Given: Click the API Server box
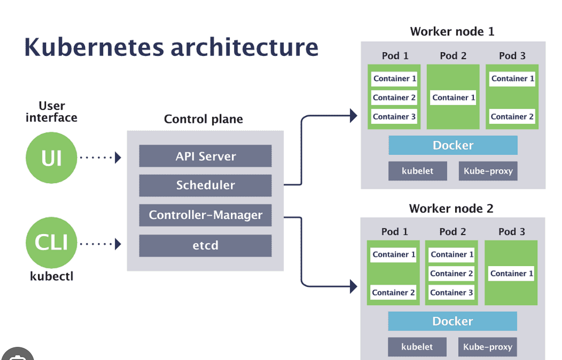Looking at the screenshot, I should (x=205, y=156).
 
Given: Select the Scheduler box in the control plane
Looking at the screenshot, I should (x=205, y=185).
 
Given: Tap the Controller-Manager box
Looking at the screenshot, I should (x=205, y=215).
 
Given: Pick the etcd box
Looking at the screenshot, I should (x=205, y=245).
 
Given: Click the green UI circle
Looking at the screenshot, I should (x=51, y=158).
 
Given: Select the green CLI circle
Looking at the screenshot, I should (x=51, y=243).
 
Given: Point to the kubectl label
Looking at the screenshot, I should (x=52, y=276).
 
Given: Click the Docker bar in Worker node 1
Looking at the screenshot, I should (x=453, y=145).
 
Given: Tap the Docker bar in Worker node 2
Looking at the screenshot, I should (x=452, y=321).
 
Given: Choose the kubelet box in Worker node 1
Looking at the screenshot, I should (x=417, y=171).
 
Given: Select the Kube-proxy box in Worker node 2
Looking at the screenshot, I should (x=488, y=347).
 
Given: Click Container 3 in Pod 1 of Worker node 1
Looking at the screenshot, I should (x=394, y=117).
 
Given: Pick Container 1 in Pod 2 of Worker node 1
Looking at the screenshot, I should (x=453, y=97).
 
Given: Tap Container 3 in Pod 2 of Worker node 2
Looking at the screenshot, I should (x=451, y=292).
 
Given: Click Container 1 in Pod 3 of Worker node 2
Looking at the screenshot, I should (x=511, y=273).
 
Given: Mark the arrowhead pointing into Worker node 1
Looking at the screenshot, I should (x=354, y=115).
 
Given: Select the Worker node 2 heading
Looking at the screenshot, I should (x=451, y=208).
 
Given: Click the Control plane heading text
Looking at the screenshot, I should (x=203, y=119).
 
